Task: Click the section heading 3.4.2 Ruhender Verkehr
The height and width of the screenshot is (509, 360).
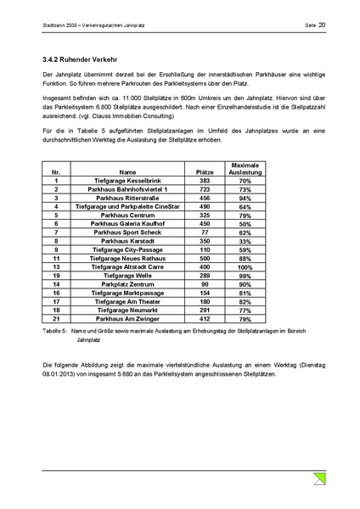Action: (78, 60)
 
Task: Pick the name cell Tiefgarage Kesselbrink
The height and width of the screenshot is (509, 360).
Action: (127, 181)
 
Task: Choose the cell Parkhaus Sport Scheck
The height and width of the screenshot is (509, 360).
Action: (127, 232)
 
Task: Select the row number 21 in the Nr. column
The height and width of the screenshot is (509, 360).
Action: (56, 319)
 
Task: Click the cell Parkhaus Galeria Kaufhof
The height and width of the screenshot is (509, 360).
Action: (127, 224)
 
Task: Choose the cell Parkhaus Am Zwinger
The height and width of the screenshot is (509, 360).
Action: (127, 319)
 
